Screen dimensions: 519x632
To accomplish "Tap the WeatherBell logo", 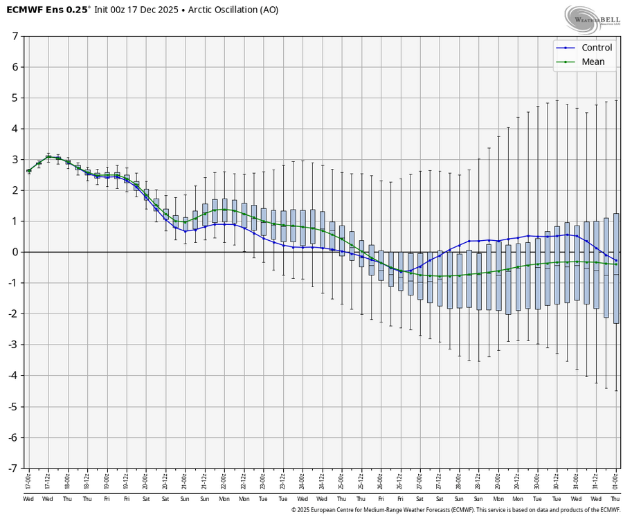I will (x=592, y=19).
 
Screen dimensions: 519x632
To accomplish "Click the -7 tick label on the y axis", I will (x=13, y=468).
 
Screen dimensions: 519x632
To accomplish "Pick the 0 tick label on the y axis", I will (x=15, y=252).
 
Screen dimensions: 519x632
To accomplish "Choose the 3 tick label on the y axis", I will (x=15, y=159).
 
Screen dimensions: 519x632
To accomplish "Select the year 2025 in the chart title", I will (x=165, y=10).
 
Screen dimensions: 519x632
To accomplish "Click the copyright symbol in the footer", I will (x=294, y=510).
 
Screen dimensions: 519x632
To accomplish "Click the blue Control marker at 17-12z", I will (x=48, y=157).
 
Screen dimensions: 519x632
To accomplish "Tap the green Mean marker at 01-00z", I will (x=615, y=264).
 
